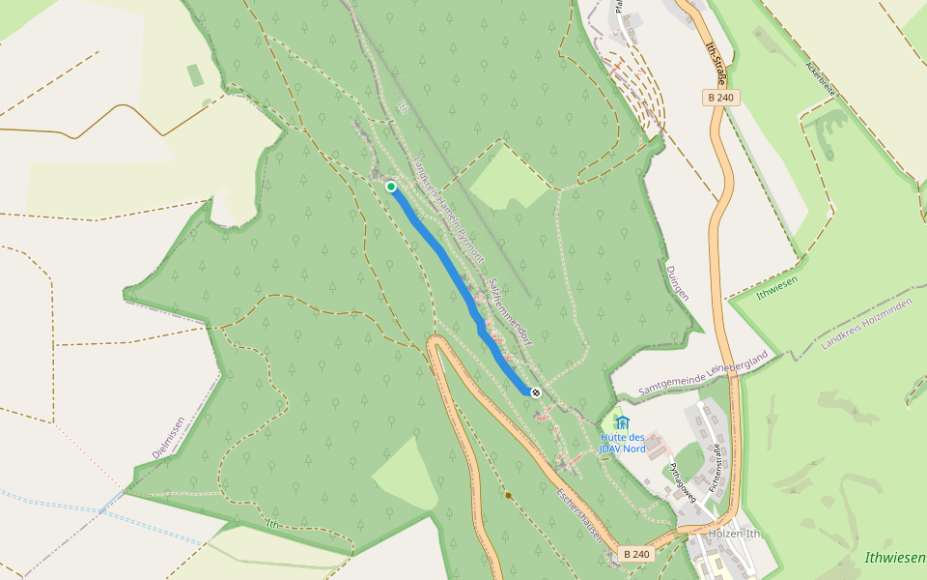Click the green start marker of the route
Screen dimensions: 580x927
pos(391,187)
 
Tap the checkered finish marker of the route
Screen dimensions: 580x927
pos(535,392)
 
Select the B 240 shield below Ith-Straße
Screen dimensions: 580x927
pos(720,97)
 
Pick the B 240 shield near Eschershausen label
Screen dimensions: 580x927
pos(636,554)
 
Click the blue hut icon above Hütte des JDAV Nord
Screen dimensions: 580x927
pos(622,422)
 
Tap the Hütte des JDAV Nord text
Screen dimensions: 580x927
pos(622,443)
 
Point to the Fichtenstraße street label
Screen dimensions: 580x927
pos(716,470)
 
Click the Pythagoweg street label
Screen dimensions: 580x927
pos(682,478)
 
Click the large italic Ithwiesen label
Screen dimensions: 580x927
pos(894,558)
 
